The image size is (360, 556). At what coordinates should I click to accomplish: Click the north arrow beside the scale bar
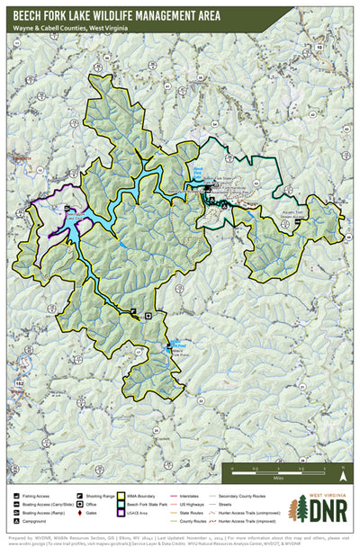click(343, 469)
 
